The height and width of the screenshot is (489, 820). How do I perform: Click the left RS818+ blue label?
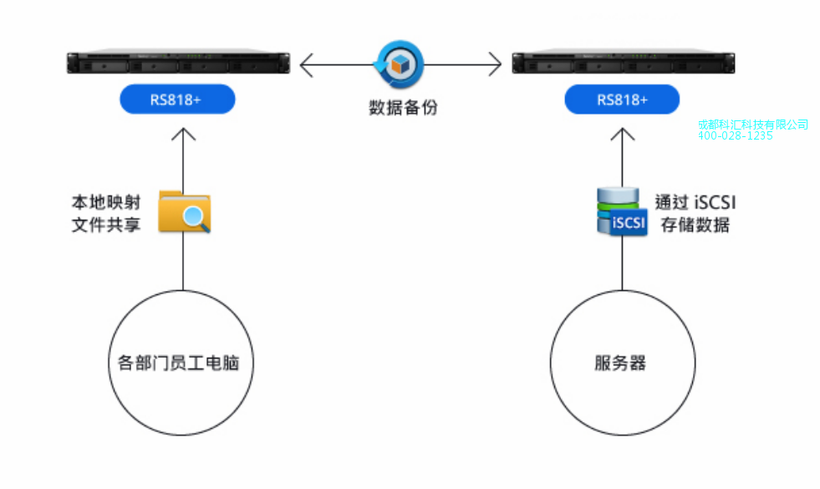pos(176,99)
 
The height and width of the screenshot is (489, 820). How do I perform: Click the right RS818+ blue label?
pos(622,99)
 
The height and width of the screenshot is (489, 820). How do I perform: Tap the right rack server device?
pos(622,63)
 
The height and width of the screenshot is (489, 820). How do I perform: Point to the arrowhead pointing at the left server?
pos(305,64)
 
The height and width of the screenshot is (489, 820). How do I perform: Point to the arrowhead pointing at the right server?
pos(495,64)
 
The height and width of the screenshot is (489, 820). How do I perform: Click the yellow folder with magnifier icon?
pos(184,211)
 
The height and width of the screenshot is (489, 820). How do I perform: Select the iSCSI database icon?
pos(621,212)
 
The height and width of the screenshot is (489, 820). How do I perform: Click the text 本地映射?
pos(105,202)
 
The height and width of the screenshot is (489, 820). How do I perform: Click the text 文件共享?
pos(105,225)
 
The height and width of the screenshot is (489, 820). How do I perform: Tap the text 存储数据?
pos(695,225)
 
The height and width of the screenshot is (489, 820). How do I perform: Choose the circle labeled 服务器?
pos(622,364)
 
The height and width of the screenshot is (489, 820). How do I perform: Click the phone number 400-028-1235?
pos(735,136)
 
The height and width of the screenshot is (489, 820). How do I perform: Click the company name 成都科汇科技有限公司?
pos(752,125)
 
